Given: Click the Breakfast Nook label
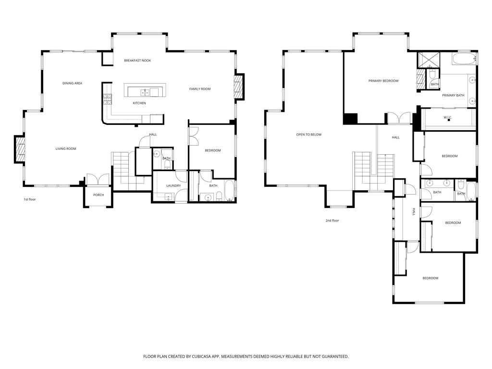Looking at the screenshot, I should [x=137, y=61].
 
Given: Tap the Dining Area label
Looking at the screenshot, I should [x=72, y=83].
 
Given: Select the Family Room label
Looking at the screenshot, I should [x=200, y=89].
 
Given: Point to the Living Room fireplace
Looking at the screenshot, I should [x=20, y=150].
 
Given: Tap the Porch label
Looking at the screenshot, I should [x=98, y=195].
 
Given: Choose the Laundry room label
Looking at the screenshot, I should [x=173, y=185].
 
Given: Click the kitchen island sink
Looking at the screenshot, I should [x=145, y=91].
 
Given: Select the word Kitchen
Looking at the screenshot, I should [x=139, y=103].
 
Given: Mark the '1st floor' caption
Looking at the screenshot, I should [x=30, y=199].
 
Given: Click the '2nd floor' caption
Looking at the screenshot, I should [x=332, y=221].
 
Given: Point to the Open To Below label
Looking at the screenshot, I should [x=309, y=135].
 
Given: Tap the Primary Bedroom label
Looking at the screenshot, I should [x=383, y=81].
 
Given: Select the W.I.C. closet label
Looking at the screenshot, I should [x=447, y=117].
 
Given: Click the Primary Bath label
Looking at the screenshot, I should [x=453, y=95].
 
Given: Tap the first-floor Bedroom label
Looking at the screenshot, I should [x=213, y=150].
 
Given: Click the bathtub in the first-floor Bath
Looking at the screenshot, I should [x=229, y=191].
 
